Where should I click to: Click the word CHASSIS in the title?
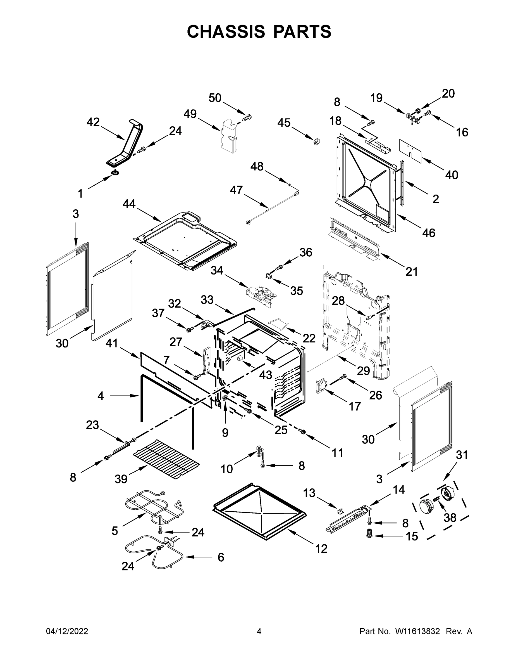pos(226,32)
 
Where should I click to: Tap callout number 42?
pos(93,122)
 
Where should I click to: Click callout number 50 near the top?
pos(215,98)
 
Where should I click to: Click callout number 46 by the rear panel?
pos(428,233)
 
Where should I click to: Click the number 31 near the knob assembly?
pos(462,454)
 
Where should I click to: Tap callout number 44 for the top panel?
pos(129,204)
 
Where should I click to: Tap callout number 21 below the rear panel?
pos(412,271)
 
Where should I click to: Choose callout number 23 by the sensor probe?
pos(92,425)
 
